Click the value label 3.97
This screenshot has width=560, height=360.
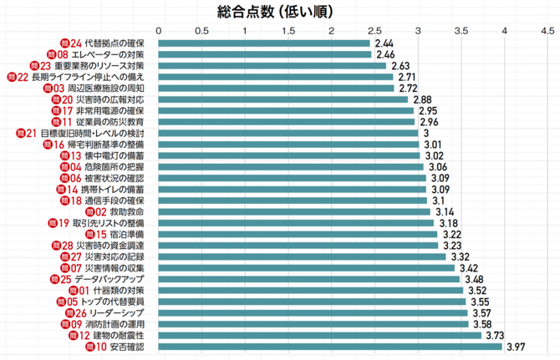517,347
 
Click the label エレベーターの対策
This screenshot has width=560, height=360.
107,54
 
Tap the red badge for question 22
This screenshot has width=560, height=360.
12,77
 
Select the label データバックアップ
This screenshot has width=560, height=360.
109,279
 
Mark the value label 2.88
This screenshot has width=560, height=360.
423,99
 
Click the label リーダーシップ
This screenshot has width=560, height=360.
116,312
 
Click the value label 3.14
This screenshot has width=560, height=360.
445,211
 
